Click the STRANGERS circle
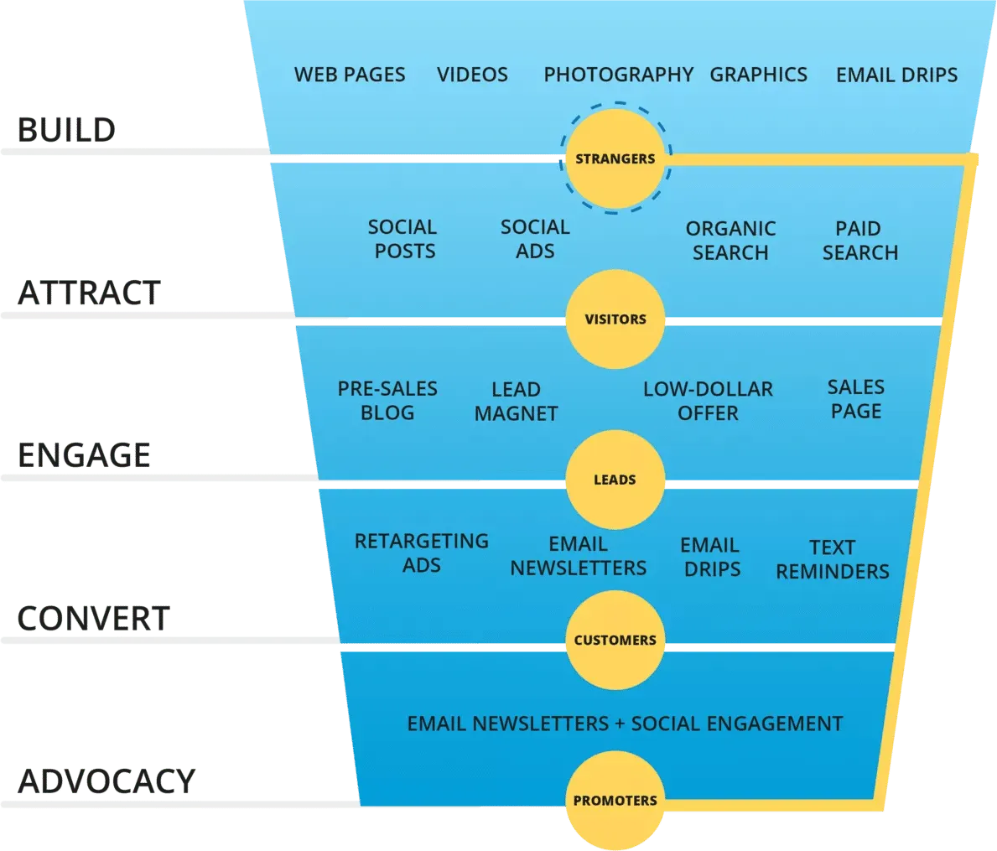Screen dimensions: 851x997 [615, 158]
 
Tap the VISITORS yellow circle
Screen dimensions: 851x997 [615, 319]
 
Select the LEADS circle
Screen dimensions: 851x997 [615, 480]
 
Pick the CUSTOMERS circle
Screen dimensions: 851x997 [615, 641]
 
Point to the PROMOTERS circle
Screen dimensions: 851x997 [615, 801]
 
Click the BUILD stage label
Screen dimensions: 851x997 [66, 130]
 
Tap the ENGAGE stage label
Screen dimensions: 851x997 [84, 455]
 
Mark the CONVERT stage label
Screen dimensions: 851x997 [93, 619]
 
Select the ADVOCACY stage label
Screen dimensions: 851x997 [105, 781]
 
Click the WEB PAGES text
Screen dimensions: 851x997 [350, 75]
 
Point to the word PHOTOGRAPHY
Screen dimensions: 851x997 [618, 75]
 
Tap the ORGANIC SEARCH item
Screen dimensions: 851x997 [730, 241]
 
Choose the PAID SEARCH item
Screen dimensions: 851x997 [859, 241]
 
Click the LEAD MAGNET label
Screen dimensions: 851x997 [516, 402]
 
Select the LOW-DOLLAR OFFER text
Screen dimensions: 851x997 [708, 402]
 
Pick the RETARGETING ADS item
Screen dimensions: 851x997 [421, 553]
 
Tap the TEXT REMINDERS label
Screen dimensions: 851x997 [832, 559]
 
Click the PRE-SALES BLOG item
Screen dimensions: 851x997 [387, 401]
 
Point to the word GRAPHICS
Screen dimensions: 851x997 [758, 75]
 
